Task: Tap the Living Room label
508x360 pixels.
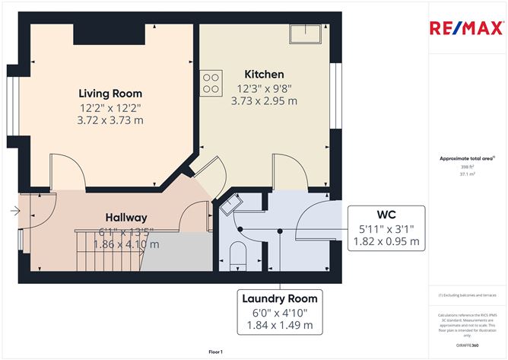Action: pos(111,93)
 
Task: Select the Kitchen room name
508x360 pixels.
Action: pos(264,74)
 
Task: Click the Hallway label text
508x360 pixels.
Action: pos(125,218)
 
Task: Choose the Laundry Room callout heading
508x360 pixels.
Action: pos(280,298)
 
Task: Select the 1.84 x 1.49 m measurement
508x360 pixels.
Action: pos(280,326)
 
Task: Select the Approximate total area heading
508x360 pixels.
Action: pos(466,158)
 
